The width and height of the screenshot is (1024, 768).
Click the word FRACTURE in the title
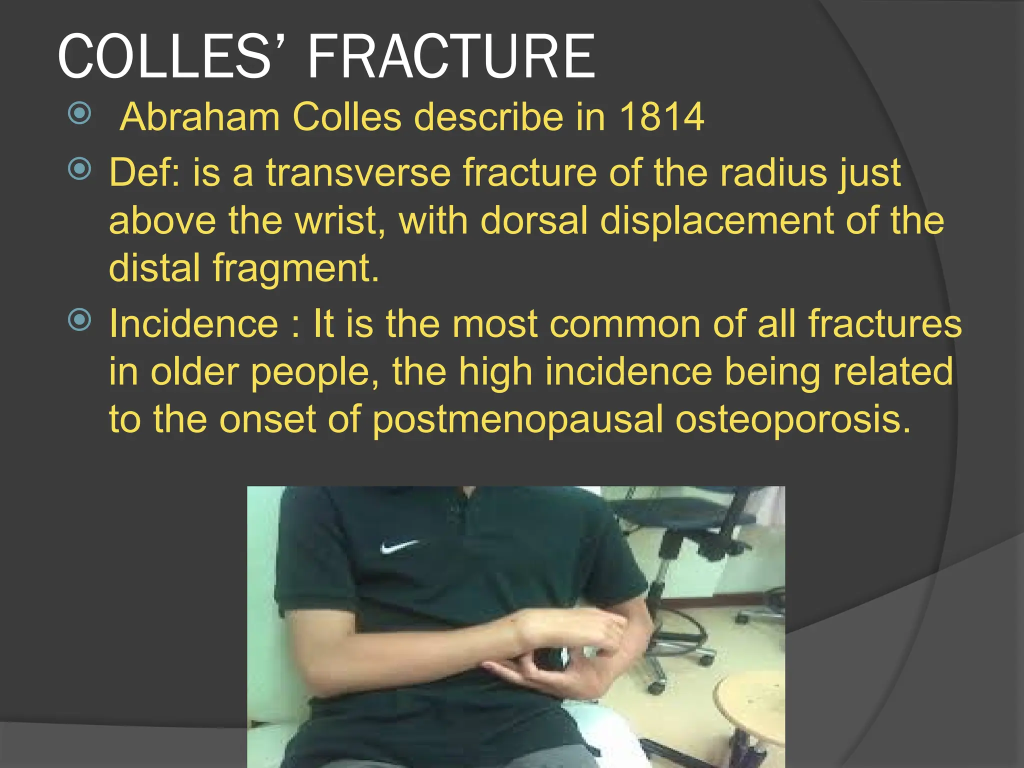pyautogui.click(x=451, y=56)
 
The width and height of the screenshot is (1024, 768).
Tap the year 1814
pyautogui.click(x=661, y=117)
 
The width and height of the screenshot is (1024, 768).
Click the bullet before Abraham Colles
pyautogui.click(x=79, y=113)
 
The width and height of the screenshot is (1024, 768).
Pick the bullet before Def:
pyautogui.click(x=79, y=168)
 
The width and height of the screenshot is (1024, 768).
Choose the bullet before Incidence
pyautogui.click(x=79, y=319)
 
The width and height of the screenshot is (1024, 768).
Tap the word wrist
pyautogui.click(x=340, y=220)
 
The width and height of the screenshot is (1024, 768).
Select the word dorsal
pyautogui.click(x=534, y=220)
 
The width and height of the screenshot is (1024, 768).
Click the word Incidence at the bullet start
pyautogui.click(x=193, y=324)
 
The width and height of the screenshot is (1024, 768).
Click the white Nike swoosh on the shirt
pyautogui.click(x=398, y=546)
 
